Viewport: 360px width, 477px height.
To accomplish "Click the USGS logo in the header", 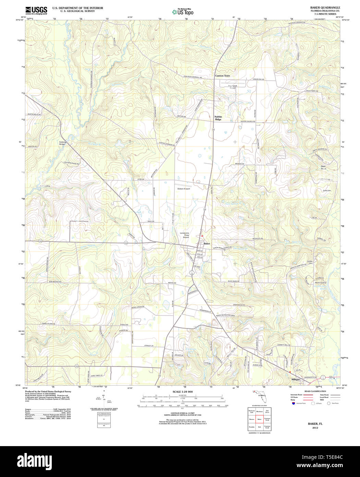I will pyautogui.click(x=36, y=10).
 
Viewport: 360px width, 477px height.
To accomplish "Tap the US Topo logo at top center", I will pyautogui.click(x=182, y=11).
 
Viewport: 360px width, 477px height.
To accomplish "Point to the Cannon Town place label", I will pyautogui.click(x=223, y=75).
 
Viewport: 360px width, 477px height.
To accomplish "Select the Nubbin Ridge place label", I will pyautogui.click(x=218, y=118).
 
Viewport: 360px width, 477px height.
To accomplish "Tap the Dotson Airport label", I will pyautogui.click(x=183, y=189).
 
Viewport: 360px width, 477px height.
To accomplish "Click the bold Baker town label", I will pyautogui.click(x=207, y=243).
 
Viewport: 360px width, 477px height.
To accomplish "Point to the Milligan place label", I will pyautogui.click(x=295, y=379).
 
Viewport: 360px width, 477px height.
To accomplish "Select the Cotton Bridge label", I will pyautogui.click(x=62, y=143).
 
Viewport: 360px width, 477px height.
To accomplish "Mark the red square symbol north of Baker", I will pyautogui.click(x=202, y=236).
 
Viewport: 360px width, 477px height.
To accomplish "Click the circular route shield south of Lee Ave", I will pyautogui.click(x=192, y=273).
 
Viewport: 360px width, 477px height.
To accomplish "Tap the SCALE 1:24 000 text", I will pyautogui.click(x=183, y=392).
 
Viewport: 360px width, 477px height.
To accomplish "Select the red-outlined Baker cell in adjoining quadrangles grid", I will pyautogui.click(x=260, y=419).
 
